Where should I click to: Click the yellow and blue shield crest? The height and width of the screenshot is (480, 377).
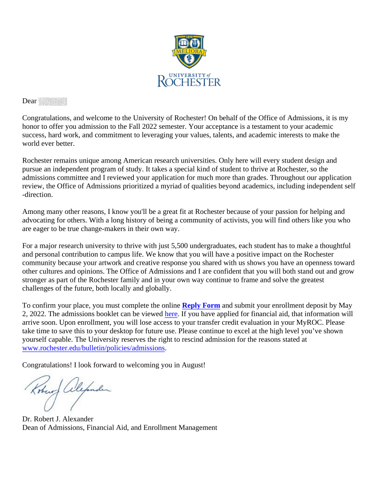click(x=188, y=51)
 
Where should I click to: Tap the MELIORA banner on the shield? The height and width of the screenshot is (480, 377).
click(x=188, y=51)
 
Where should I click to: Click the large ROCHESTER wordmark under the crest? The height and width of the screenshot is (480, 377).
click(x=189, y=81)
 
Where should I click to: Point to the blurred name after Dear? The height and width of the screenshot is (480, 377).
click(x=53, y=101)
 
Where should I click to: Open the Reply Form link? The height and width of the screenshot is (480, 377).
click(x=201, y=305)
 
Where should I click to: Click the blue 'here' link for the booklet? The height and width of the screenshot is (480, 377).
click(x=171, y=314)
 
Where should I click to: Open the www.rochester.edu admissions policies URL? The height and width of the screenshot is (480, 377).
click(x=93, y=348)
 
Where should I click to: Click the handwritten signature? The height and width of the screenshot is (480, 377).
click(x=68, y=391)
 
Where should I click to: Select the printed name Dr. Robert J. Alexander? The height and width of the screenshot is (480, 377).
click(x=58, y=419)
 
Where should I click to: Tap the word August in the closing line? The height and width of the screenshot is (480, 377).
click(x=193, y=365)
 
